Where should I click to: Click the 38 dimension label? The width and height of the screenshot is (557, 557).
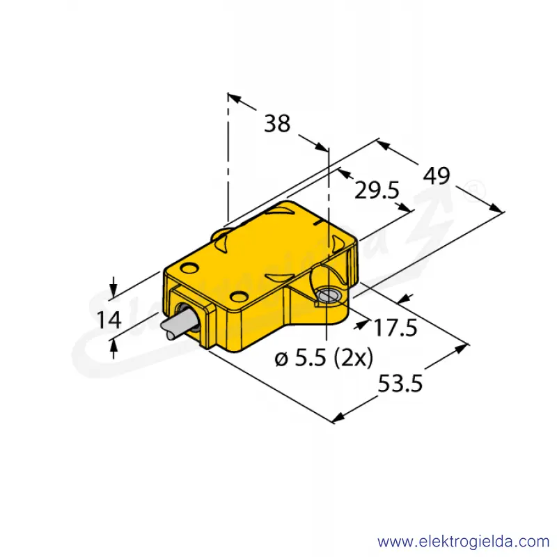[x=277, y=124]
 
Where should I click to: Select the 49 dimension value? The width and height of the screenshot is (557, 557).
[x=437, y=175]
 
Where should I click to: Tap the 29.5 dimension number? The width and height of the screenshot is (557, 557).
[x=377, y=191]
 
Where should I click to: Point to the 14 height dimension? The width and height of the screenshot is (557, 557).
[x=109, y=320]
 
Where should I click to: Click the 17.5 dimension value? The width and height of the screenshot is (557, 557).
[x=395, y=327]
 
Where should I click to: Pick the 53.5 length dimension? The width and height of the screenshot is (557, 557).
[x=400, y=384]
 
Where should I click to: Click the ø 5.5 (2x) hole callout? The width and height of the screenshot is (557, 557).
[x=324, y=358]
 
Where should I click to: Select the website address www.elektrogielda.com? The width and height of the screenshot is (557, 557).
[x=464, y=542]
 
